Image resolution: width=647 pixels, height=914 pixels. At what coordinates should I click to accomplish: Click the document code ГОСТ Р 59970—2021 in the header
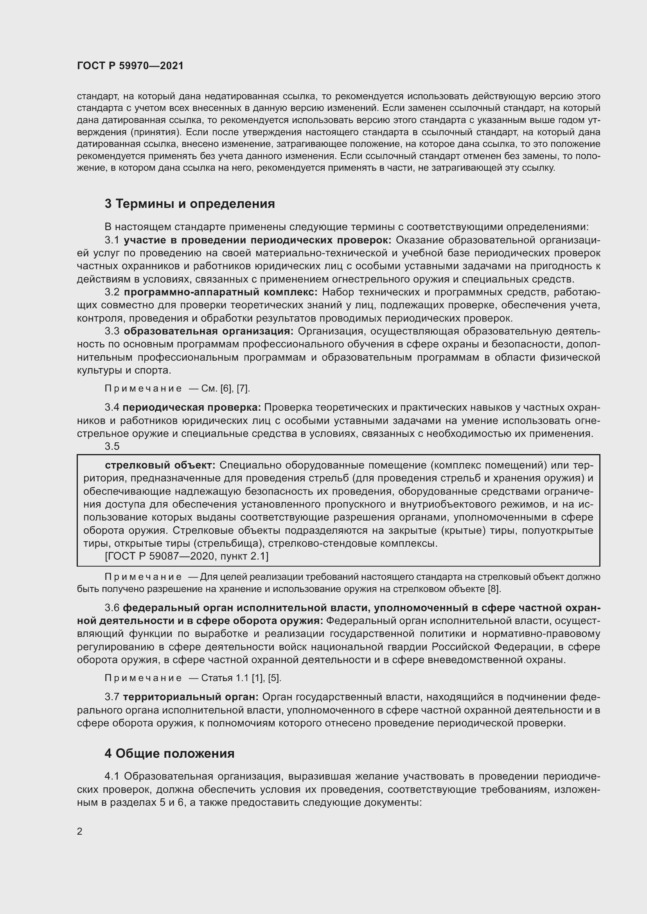click(x=130, y=66)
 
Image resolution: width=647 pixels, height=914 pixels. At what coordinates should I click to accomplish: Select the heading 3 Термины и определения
click(x=190, y=204)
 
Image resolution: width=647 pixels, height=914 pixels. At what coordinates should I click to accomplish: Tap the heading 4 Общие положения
click(x=169, y=753)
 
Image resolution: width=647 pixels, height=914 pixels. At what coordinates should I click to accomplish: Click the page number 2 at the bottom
click(x=80, y=831)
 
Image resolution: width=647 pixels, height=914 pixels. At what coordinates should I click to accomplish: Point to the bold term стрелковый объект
click(x=160, y=465)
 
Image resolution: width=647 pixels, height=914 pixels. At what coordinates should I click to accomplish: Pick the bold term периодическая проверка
click(x=192, y=407)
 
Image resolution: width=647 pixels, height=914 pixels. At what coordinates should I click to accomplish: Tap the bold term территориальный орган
click(x=191, y=697)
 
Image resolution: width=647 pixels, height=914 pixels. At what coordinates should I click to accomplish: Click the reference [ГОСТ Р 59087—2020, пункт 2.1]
click(x=187, y=556)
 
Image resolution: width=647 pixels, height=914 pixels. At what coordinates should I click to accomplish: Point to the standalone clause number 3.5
click(x=112, y=446)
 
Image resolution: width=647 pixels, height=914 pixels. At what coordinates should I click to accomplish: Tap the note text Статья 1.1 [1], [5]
click(x=241, y=678)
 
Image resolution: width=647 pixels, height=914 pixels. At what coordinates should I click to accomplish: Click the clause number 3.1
click(x=112, y=240)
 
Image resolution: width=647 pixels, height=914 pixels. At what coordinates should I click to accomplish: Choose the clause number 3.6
click(x=112, y=608)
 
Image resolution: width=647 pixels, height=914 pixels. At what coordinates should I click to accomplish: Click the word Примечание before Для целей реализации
click(x=143, y=577)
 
